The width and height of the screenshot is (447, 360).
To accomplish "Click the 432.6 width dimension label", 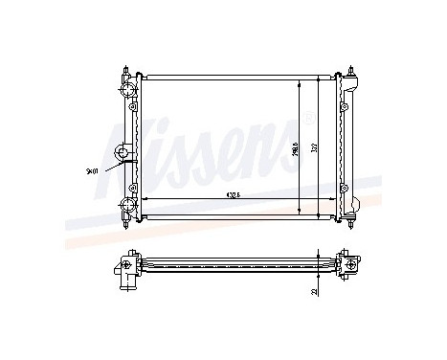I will [233, 194].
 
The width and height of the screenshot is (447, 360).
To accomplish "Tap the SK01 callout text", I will [91, 171].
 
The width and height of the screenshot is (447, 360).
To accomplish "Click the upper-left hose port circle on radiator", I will [125, 91].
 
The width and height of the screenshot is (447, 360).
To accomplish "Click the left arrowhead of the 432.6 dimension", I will [145, 198].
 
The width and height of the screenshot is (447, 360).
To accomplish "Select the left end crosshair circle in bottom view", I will [127, 261].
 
